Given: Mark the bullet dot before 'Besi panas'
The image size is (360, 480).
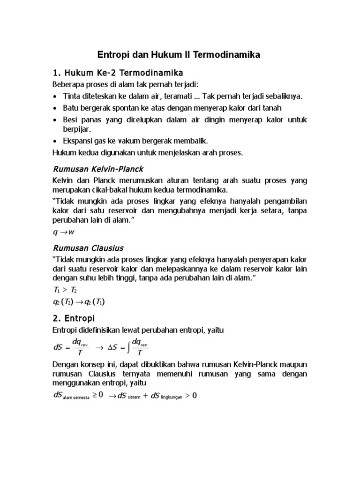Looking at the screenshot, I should [x=55, y=120].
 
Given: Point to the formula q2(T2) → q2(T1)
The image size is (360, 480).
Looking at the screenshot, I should [x=78, y=302].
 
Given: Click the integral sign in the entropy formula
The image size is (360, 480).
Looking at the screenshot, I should [x=128, y=347].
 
